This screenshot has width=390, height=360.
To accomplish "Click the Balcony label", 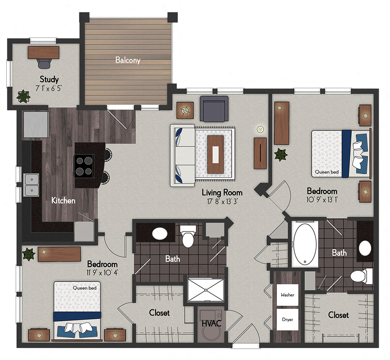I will point(128,60).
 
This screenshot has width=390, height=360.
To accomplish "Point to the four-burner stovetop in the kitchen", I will point(84,166).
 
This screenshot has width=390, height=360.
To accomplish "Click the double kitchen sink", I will point(31,185).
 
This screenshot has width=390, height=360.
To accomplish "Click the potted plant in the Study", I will point(23,96).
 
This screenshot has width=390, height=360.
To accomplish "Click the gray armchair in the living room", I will point(214,108).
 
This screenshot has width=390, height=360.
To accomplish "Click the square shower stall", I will point(206,290).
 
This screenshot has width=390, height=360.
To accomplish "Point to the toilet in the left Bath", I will point(188,237).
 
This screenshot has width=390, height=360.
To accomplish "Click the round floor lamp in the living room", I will point(260,129).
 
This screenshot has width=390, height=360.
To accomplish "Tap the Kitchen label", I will point(64,201).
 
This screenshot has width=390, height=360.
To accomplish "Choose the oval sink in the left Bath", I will point(160,234).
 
